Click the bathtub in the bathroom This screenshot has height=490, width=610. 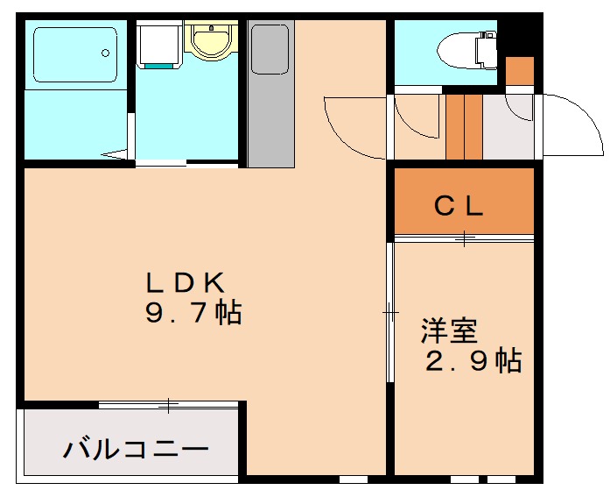click(75, 54)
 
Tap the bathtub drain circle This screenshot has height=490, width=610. click(105, 53)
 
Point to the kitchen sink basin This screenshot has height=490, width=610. click(270, 49)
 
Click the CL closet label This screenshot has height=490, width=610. click(459, 206)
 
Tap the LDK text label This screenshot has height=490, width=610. click(186, 282)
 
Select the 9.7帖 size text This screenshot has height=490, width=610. click(193, 312)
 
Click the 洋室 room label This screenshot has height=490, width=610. click(449, 330)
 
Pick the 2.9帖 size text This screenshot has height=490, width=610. click(473, 360)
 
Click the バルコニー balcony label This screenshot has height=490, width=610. click(136, 449)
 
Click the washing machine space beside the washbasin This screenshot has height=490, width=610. click(159, 44)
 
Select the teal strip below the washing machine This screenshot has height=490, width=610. click(159, 67)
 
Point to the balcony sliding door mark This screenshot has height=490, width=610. click(168, 405)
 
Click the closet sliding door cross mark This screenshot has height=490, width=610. click(465, 238)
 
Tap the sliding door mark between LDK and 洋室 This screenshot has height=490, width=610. click(390, 312)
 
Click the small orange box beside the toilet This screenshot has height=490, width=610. click(519, 71)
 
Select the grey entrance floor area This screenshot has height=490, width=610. click(508, 126)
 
